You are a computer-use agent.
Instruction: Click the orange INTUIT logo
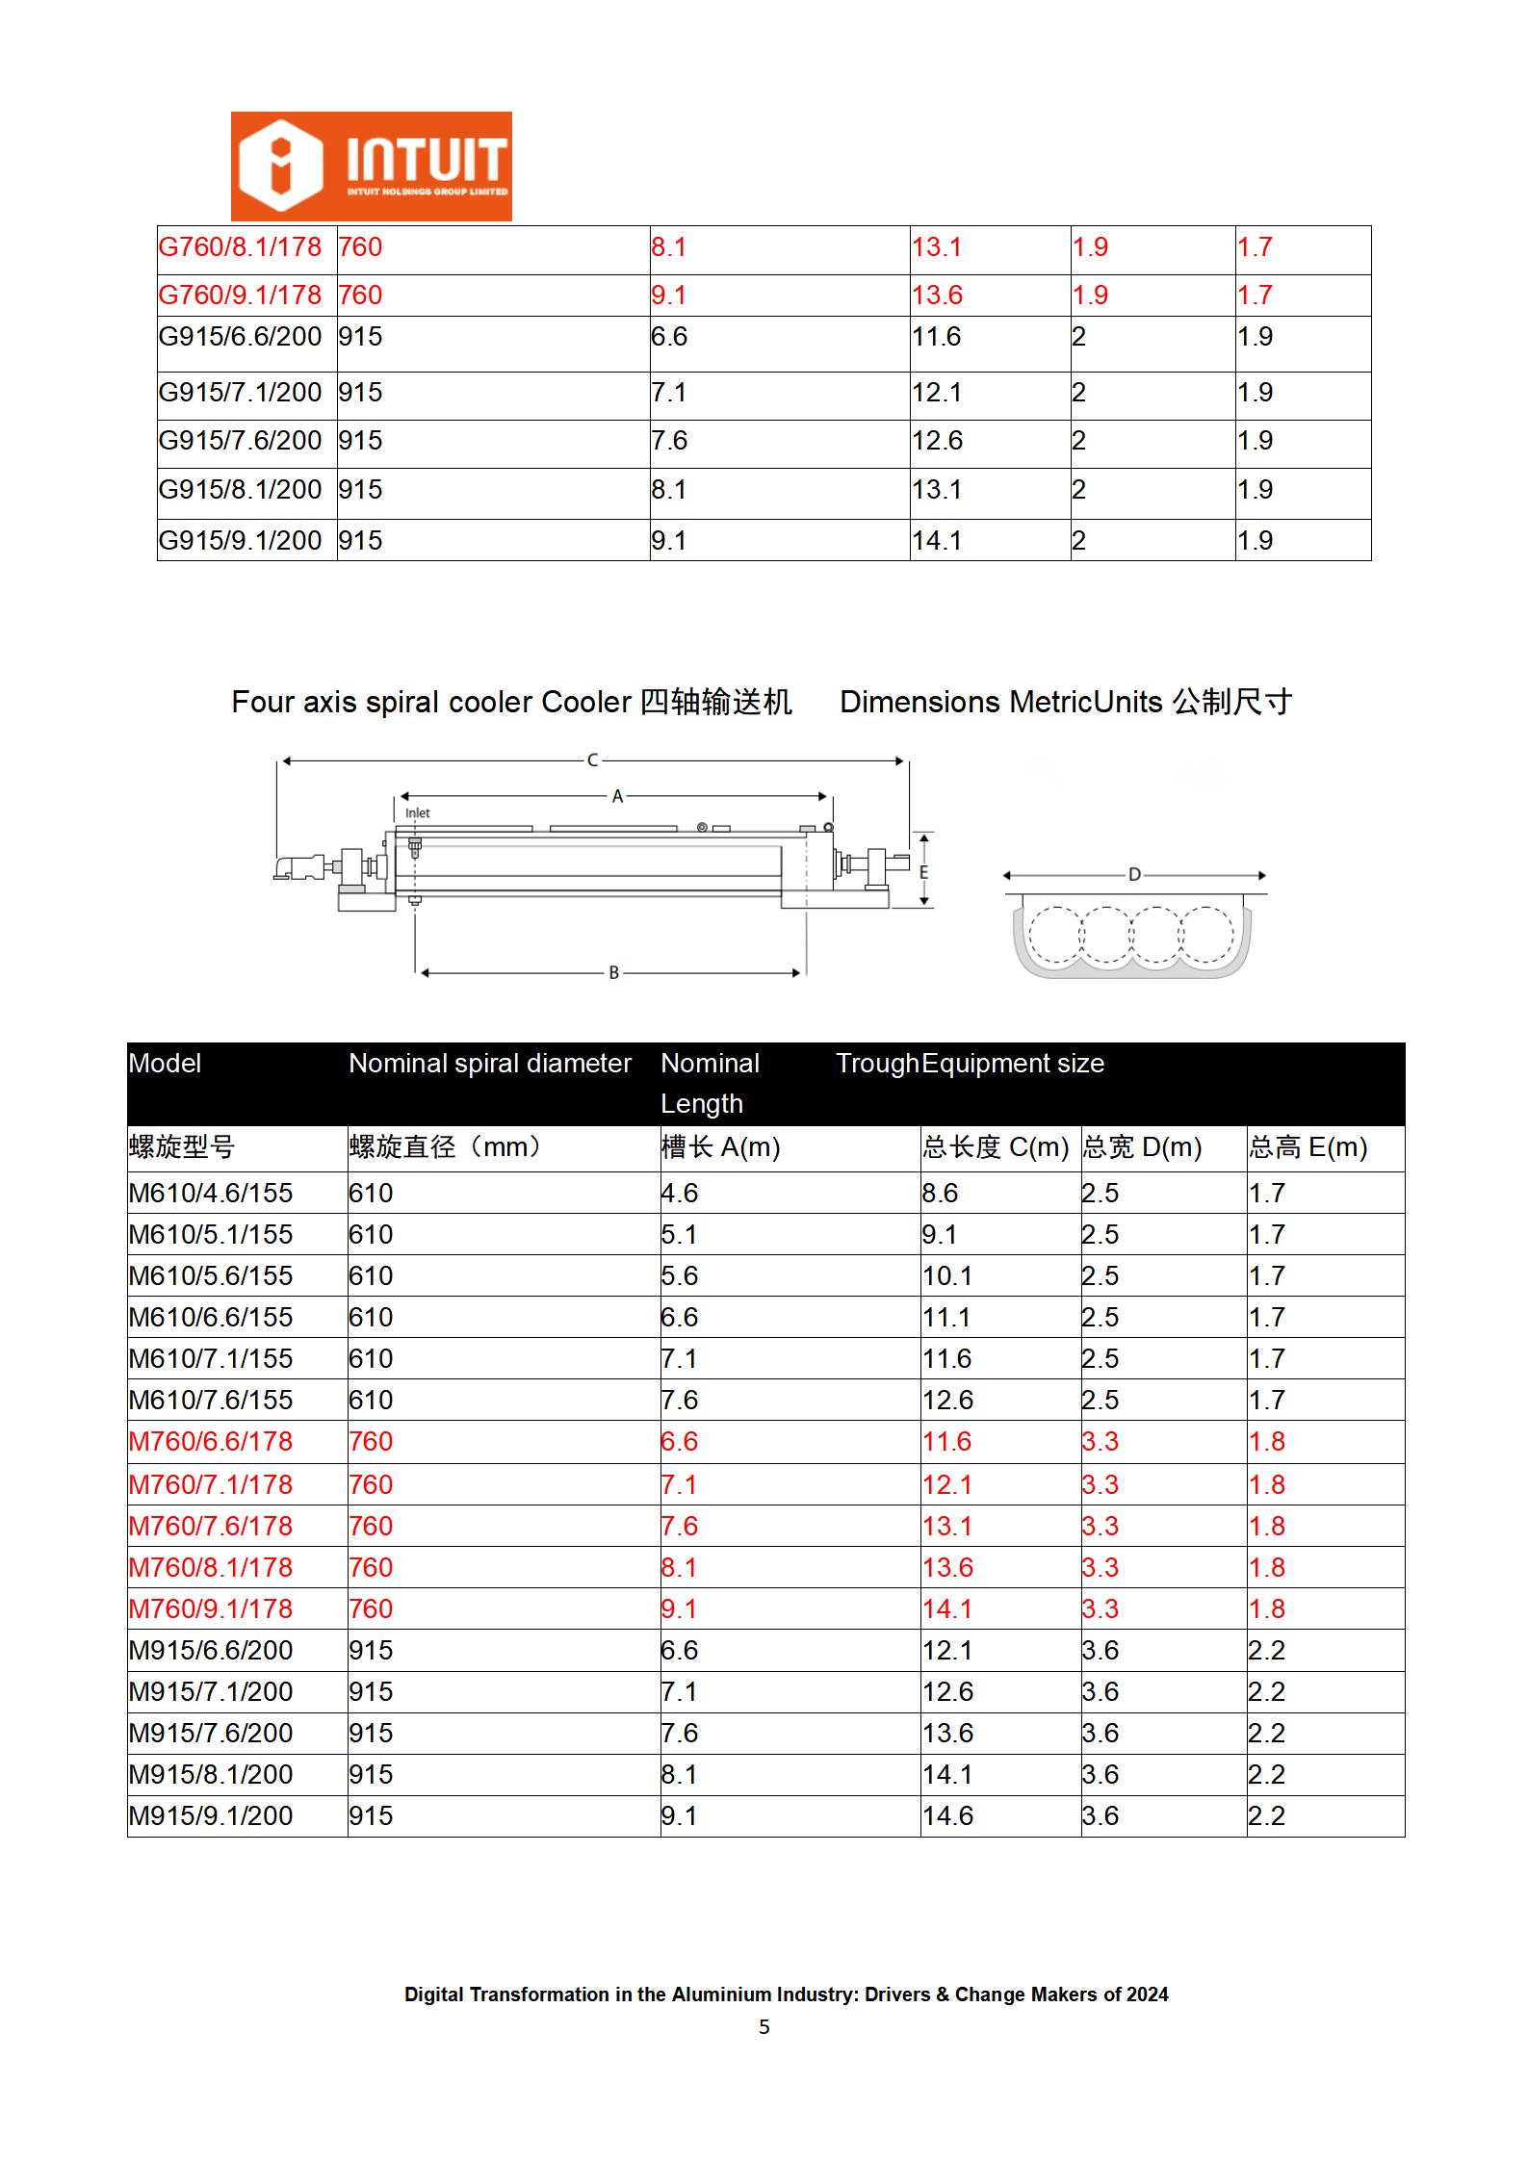tap(371, 167)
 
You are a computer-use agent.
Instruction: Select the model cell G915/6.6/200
tap(240, 337)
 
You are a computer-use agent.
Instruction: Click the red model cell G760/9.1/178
tap(240, 296)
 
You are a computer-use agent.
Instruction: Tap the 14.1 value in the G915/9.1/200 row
tap(937, 541)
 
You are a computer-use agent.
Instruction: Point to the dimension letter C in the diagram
tap(592, 760)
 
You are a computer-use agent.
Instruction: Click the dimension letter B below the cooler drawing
tap(613, 973)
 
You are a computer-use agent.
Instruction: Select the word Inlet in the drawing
tap(417, 813)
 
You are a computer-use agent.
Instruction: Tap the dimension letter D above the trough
tap(1134, 875)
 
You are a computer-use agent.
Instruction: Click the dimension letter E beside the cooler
tap(924, 872)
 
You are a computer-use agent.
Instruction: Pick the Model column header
tap(165, 1064)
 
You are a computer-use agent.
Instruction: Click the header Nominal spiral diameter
tap(489, 1064)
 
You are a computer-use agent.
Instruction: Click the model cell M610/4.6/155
tap(211, 1194)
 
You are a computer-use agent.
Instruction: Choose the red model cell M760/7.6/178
tap(211, 1527)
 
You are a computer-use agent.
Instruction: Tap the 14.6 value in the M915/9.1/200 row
tap(947, 1816)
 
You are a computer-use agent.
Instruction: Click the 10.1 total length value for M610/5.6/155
tap(947, 1276)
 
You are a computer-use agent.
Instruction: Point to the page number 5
tap(764, 2028)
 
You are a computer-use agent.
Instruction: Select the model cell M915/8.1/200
tap(211, 1775)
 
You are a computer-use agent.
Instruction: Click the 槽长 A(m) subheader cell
tap(720, 1147)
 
